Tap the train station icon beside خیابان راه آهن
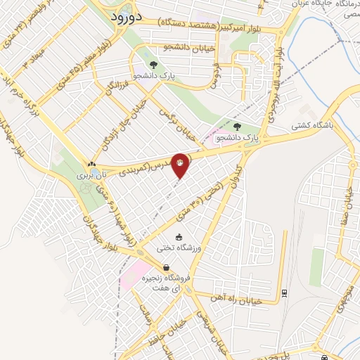284,292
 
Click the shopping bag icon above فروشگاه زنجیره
166,267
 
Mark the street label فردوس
212,77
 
